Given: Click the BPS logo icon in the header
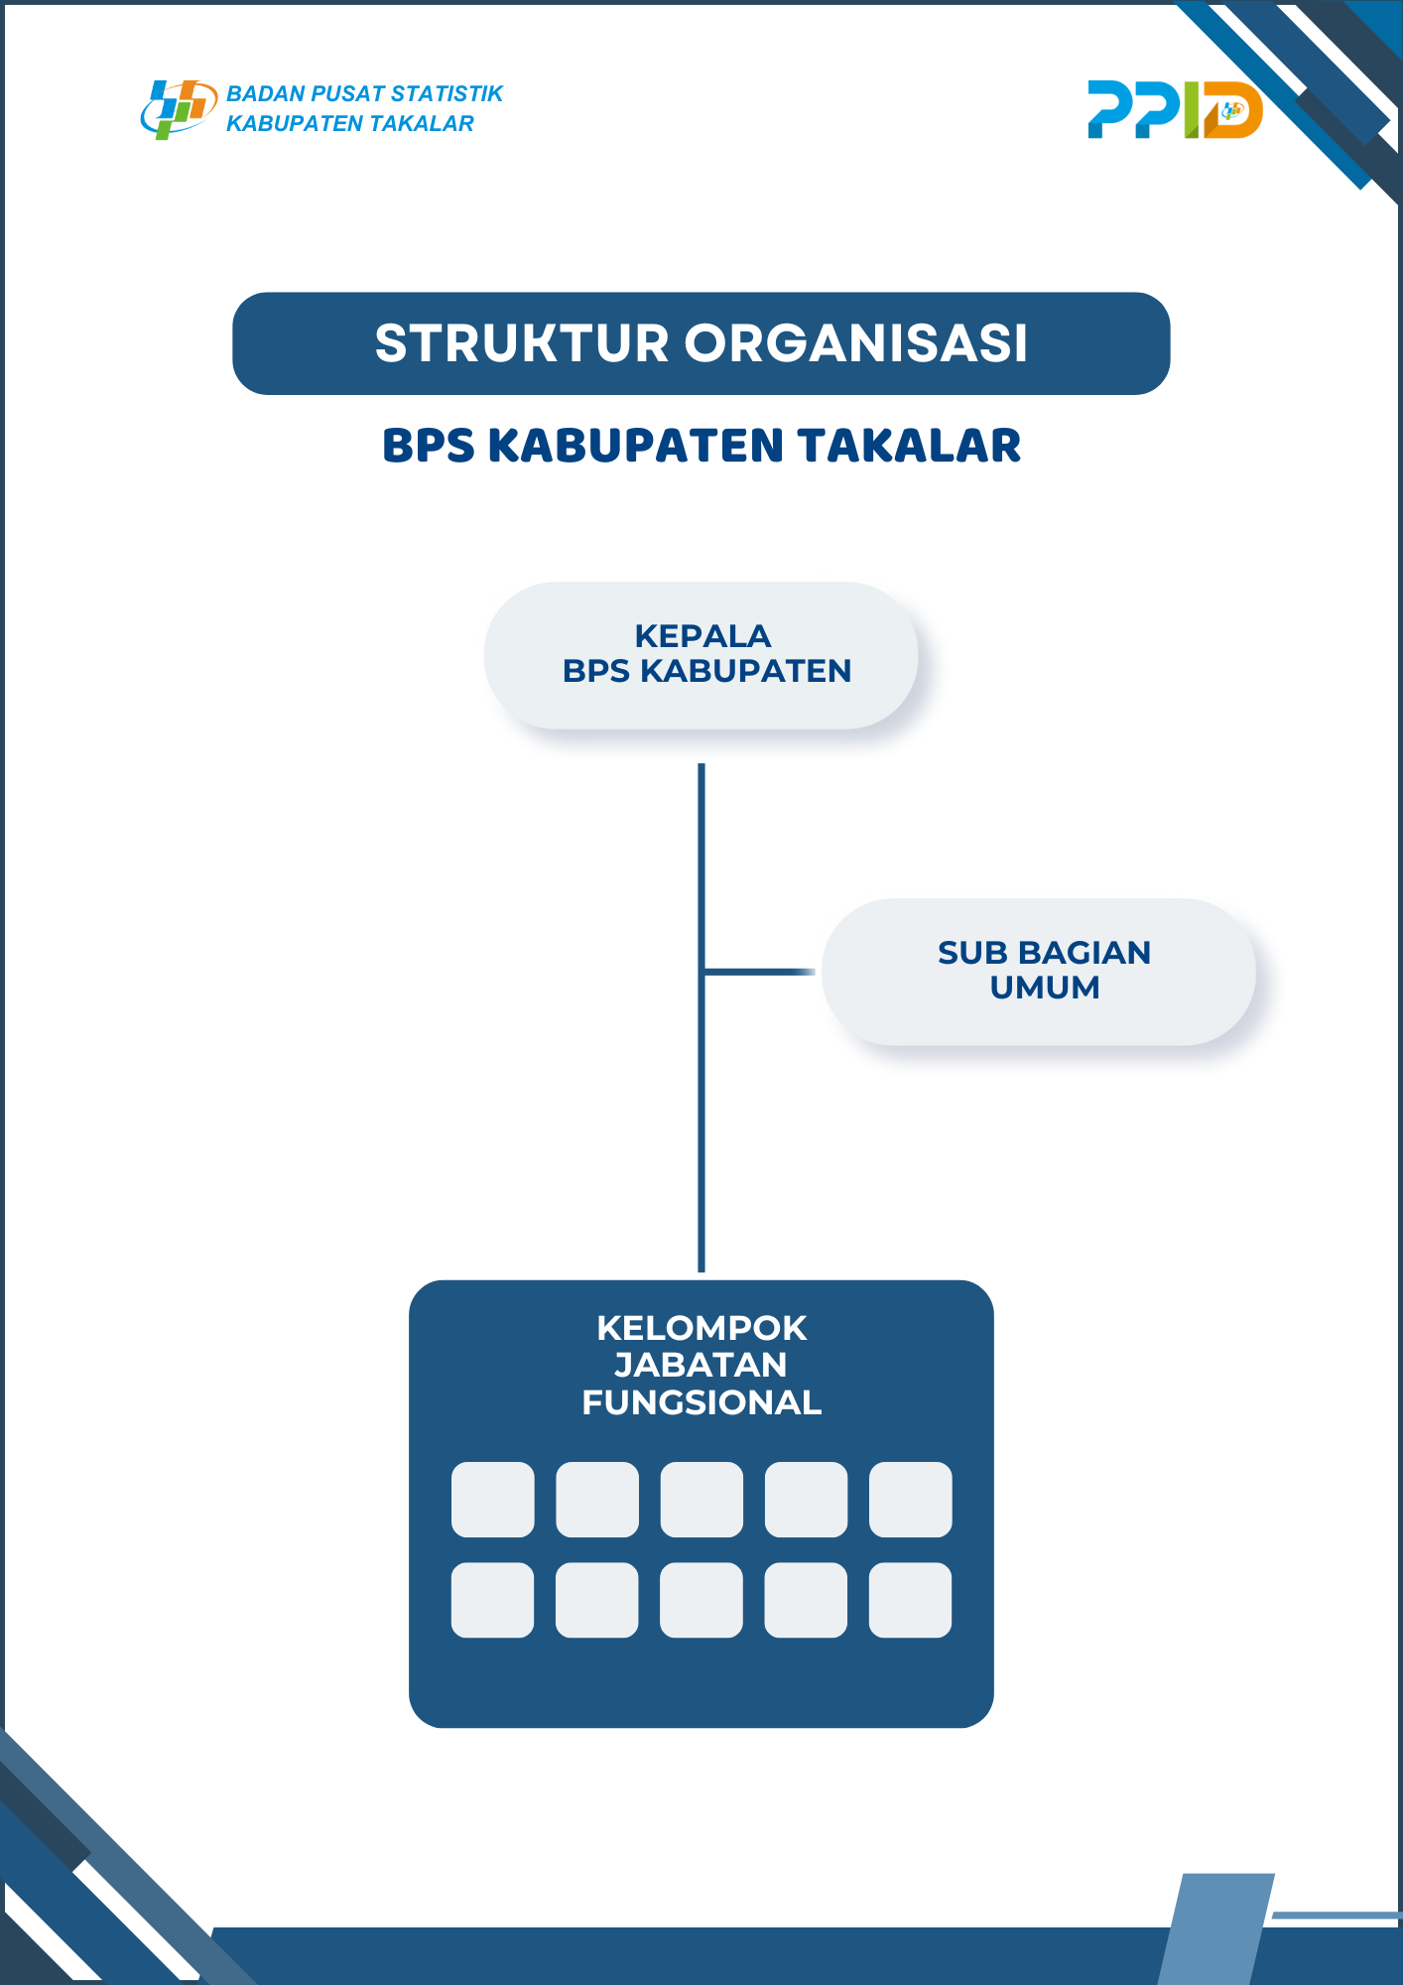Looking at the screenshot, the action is point(179,109).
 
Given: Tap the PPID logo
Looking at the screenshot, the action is point(1175,109).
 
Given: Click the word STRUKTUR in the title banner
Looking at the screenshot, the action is point(522,343).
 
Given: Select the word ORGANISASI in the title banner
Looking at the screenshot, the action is point(856,343).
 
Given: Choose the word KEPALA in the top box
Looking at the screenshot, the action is point(702,635).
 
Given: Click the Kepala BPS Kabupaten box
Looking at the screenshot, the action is point(701,655).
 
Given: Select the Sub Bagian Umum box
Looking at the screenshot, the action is point(1039,972).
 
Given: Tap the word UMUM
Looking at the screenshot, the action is point(1045,988).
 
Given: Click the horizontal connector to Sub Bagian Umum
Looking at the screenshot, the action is point(759,972).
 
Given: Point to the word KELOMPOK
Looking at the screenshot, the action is point(701,1328).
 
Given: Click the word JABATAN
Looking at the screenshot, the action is point(701,1365).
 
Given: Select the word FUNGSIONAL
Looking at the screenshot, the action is point(701,1402).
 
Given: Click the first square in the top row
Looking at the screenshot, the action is point(493,1499).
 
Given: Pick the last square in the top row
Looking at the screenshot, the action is point(911,1499).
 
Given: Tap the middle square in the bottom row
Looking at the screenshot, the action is point(701,1600).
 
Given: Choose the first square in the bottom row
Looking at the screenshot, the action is point(493,1600).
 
